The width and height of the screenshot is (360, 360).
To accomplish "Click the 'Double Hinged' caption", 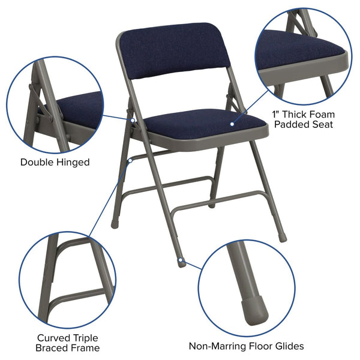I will pyautogui.click(x=55, y=162).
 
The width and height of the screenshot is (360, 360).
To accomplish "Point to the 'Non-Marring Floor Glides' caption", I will pyautogui.click(x=246, y=346).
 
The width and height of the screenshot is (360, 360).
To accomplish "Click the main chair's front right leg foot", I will pyautogui.click(x=282, y=237).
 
